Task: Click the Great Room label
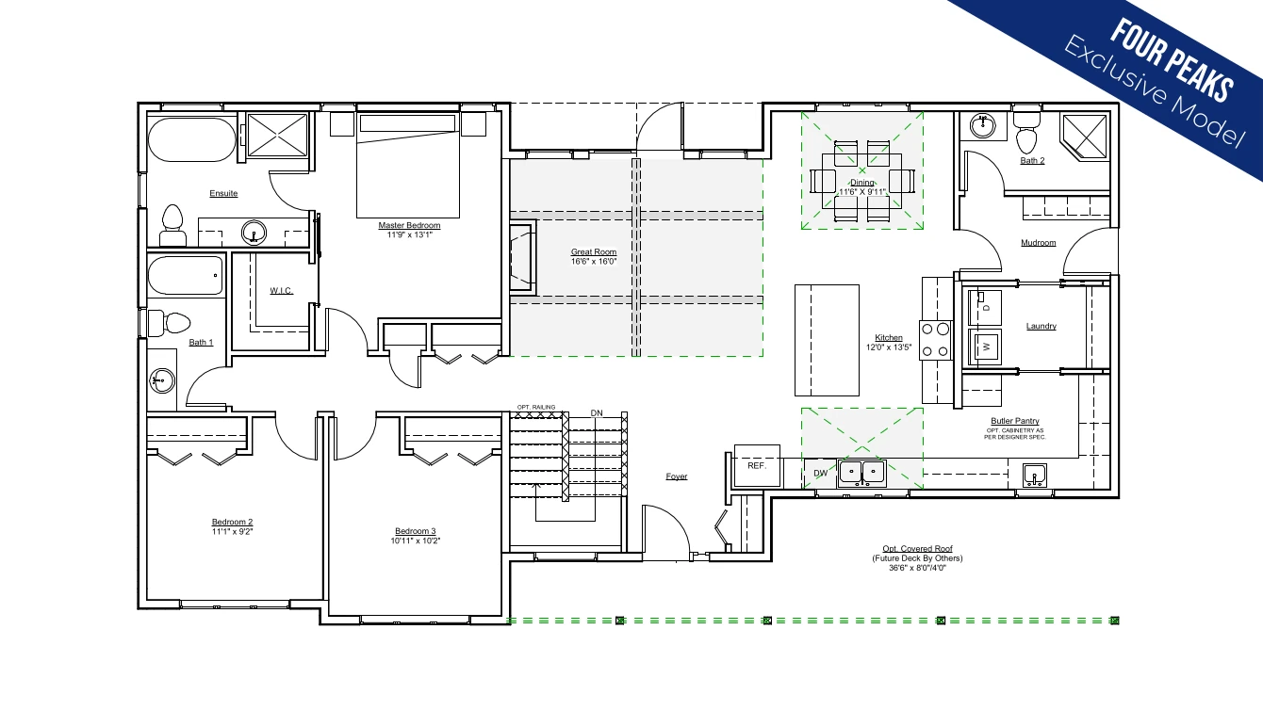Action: [593, 251]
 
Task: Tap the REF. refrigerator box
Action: [757, 466]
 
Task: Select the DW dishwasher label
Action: [820, 474]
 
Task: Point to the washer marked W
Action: [985, 347]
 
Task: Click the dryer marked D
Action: [985, 308]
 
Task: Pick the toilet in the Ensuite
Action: [172, 225]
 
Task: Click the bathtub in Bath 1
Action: [186, 276]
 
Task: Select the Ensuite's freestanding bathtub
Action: [191, 139]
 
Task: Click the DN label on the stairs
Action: [597, 413]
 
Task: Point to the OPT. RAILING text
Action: [536, 407]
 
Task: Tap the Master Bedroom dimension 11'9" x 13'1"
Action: [409, 235]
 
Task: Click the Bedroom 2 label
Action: [232, 522]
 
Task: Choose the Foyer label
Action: [677, 476]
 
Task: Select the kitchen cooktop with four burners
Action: [935, 340]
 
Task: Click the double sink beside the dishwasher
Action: [861, 473]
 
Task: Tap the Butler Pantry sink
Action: [1035, 476]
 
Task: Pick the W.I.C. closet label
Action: [281, 291]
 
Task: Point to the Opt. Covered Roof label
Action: [917, 549]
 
